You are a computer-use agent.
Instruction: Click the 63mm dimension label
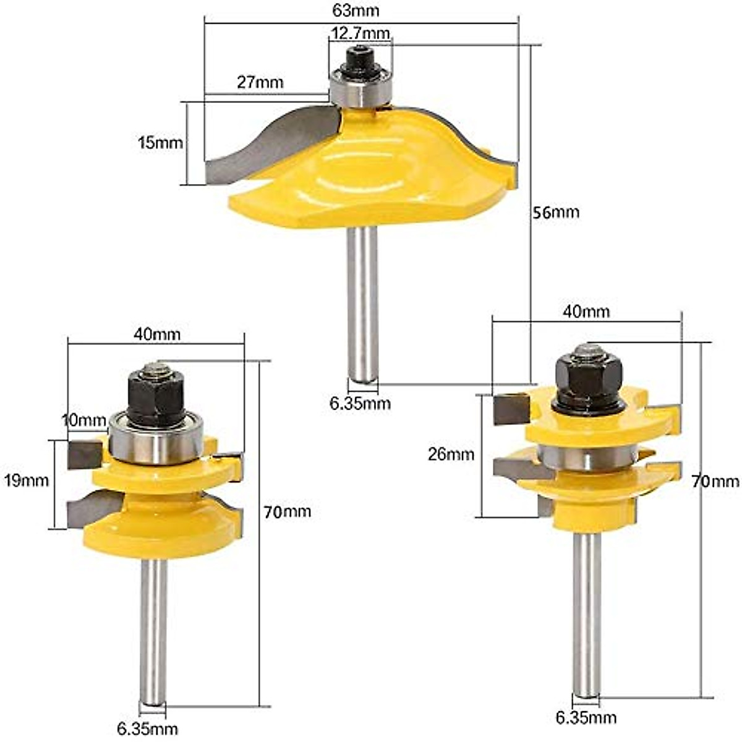pos(356,11)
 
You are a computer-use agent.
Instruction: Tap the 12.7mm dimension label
pos(360,33)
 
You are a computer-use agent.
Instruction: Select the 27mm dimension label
pos(260,82)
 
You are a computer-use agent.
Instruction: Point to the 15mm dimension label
pos(160,143)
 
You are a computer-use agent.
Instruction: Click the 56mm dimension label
pos(556,212)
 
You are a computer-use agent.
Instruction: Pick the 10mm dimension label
pos(84,420)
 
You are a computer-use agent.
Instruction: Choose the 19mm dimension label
pos(26,480)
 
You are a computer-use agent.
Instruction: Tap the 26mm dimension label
pos(451,454)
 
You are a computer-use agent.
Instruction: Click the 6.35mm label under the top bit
pos(360,403)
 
